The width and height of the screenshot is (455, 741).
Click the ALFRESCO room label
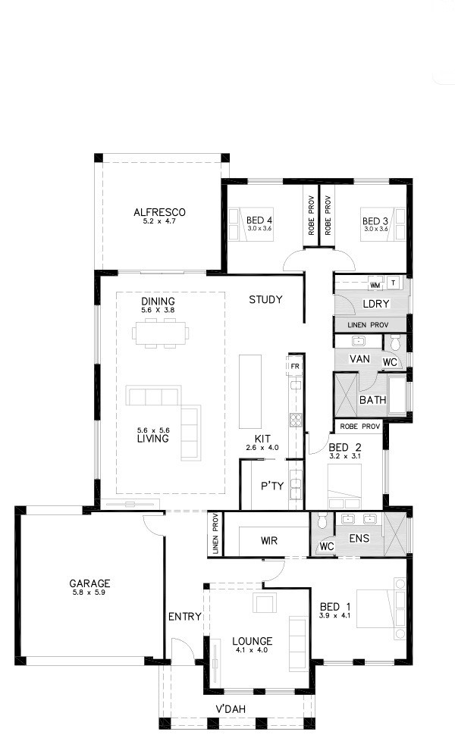(159, 212)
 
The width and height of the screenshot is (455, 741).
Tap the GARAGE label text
(89, 583)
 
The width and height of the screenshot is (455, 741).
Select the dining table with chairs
(161, 333)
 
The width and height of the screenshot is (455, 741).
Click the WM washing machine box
(375, 286)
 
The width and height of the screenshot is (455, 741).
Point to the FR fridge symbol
(295, 366)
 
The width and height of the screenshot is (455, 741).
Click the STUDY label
(265, 299)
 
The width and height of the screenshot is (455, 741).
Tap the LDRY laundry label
(376, 304)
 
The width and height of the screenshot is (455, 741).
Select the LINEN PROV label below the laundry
(368, 325)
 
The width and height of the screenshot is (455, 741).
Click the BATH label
(372, 400)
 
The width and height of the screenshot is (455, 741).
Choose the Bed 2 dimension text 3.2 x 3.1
(345, 456)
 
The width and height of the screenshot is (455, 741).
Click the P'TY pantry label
(272, 486)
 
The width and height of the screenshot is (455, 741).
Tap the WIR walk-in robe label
(269, 541)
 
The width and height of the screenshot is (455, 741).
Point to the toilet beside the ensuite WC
(322, 521)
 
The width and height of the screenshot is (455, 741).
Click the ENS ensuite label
(359, 538)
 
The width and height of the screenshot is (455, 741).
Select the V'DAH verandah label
(231, 709)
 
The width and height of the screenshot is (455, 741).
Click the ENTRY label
(185, 616)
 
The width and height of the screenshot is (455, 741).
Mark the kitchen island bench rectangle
(250, 392)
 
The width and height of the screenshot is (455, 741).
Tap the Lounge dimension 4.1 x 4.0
(252, 650)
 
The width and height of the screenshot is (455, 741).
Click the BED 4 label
(259, 220)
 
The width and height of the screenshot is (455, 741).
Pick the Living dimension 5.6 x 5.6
(153, 430)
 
